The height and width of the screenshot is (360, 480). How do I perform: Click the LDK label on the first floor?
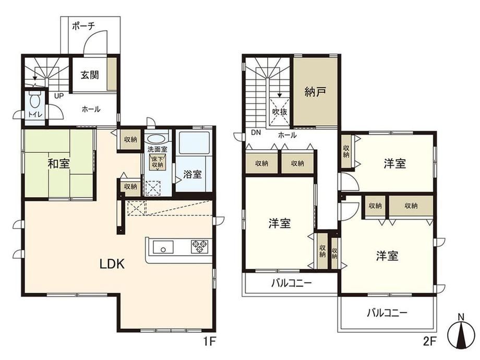pos(112,263)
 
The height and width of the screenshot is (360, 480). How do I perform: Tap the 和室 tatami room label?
pos(59,164)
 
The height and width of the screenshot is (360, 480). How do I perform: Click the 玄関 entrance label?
pos(90,75)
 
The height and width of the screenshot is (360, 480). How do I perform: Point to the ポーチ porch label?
pos(83,26)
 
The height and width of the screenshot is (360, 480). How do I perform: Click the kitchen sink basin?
pos(163,246)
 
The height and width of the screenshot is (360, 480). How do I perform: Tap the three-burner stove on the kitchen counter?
pos(200,247)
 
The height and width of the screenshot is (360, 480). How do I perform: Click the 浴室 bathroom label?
pos(192,174)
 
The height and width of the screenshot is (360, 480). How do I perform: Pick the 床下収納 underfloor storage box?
pos(157,162)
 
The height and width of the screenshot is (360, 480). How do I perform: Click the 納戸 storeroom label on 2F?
pos(315,91)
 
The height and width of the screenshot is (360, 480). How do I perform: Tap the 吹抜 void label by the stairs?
pos(280,112)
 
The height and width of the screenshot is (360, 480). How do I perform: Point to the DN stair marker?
pos(256,133)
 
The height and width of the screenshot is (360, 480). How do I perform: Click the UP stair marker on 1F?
pos(59,96)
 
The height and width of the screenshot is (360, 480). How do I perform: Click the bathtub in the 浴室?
pos(194,143)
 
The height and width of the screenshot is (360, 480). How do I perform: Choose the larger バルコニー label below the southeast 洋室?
pos(387,313)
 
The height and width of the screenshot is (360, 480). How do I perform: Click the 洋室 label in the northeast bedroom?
pos(395,164)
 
